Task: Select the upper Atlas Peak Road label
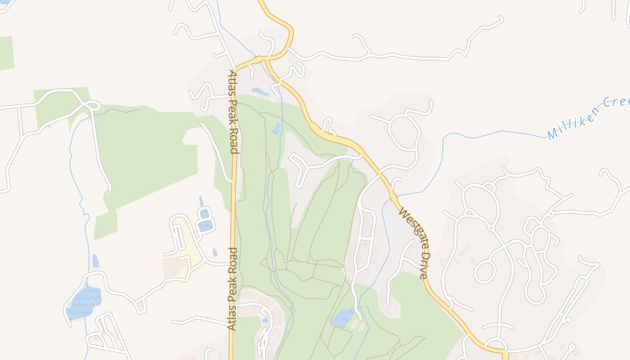click(x=234, y=112)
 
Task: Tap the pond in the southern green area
click(x=343, y=318)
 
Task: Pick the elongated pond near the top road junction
click(x=260, y=92)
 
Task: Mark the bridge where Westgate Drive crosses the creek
click(x=393, y=197)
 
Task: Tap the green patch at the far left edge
click(x=6, y=53)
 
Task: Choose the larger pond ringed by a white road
click(x=205, y=224)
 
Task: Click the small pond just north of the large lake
click(x=95, y=261)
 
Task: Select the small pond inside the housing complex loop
click(x=265, y=320)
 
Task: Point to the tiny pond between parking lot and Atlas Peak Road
click(x=215, y=252)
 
